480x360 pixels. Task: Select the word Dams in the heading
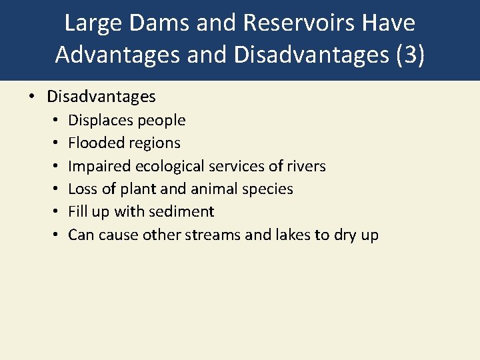(x=151, y=23)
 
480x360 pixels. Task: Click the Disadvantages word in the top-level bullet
(x=101, y=97)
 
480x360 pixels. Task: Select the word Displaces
(x=101, y=121)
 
